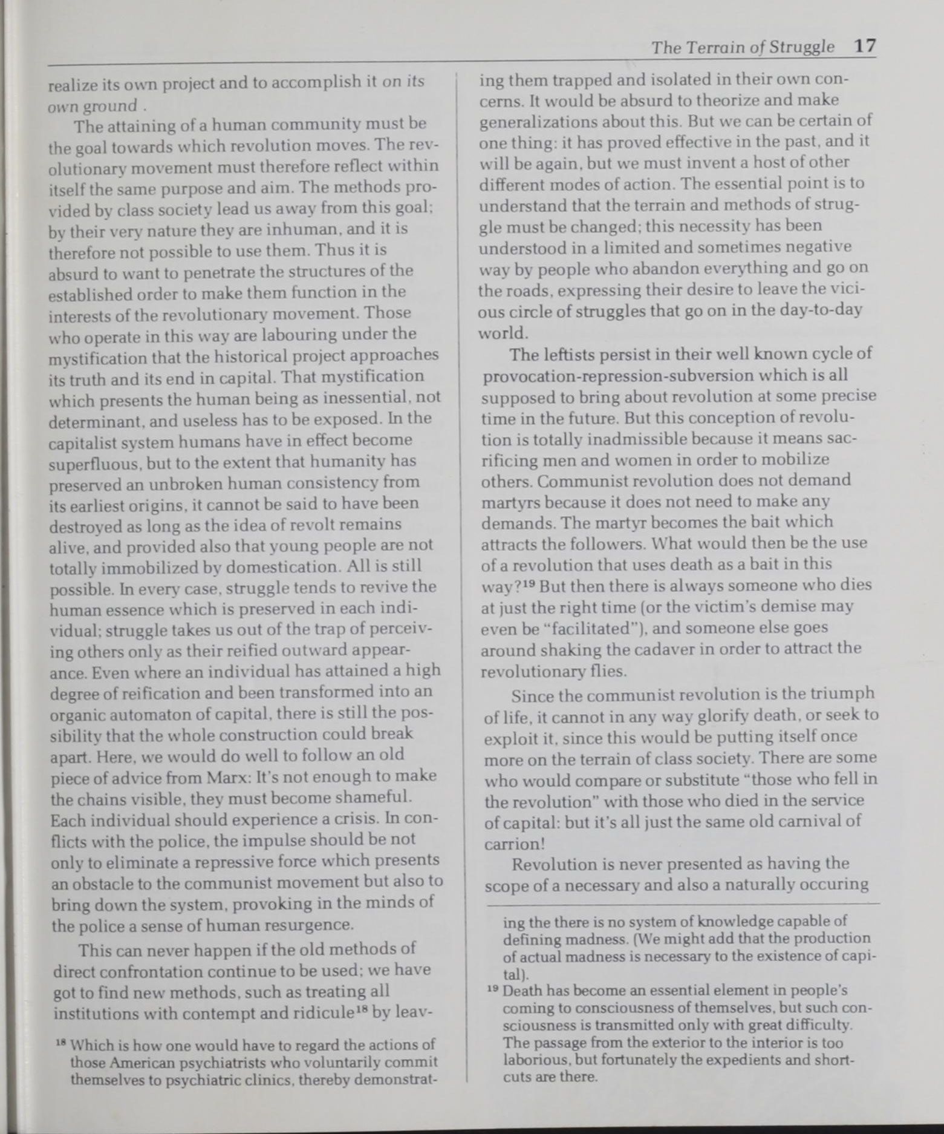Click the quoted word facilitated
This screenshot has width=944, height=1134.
click(x=596, y=628)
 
